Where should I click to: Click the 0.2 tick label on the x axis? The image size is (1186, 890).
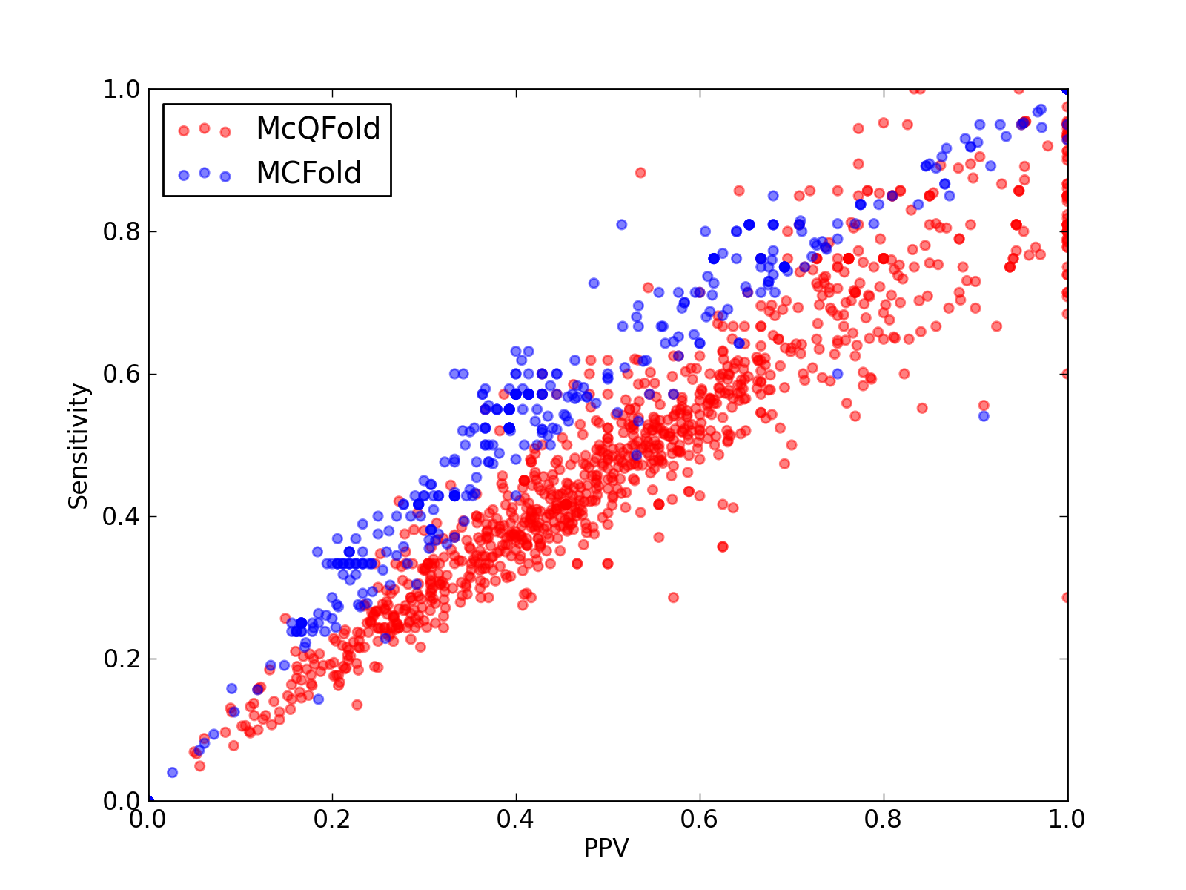click(332, 820)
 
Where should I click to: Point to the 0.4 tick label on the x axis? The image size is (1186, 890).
click(515, 820)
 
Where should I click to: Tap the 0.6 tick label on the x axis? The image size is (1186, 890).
click(699, 820)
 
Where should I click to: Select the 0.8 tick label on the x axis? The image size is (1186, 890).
click(883, 820)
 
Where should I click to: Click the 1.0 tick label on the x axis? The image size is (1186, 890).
click(1067, 820)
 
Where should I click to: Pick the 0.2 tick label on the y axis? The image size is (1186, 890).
click(122, 659)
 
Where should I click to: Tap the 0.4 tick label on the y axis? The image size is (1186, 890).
click(122, 516)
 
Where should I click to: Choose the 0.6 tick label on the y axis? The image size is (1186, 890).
click(122, 373)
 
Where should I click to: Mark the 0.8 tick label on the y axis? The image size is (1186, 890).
click(122, 231)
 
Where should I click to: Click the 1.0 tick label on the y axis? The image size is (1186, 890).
click(122, 89)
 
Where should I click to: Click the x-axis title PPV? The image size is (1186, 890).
click(606, 848)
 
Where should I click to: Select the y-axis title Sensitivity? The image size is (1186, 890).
click(78, 446)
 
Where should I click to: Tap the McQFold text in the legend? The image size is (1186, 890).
click(318, 128)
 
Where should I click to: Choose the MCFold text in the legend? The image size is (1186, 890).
click(308, 173)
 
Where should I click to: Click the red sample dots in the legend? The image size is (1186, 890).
click(205, 130)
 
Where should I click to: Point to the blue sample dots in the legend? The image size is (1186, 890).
click(205, 174)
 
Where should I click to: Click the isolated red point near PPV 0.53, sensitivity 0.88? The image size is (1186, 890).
click(640, 173)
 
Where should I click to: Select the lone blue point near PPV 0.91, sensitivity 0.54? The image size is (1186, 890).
click(984, 416)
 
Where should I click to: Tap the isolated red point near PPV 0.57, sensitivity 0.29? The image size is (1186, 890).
click(673, 597)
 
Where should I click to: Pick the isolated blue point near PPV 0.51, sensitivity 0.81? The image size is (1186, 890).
click(621, 224)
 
